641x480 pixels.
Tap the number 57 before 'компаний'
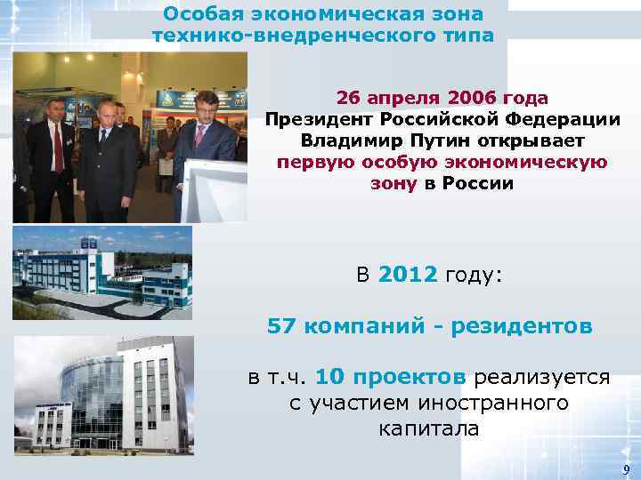281,326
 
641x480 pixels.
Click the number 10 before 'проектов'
329,376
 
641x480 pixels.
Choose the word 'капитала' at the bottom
428,429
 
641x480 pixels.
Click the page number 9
627,469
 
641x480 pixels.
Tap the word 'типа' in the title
459,35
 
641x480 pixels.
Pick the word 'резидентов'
522,326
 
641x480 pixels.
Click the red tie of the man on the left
57,147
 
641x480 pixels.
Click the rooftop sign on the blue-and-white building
87,242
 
